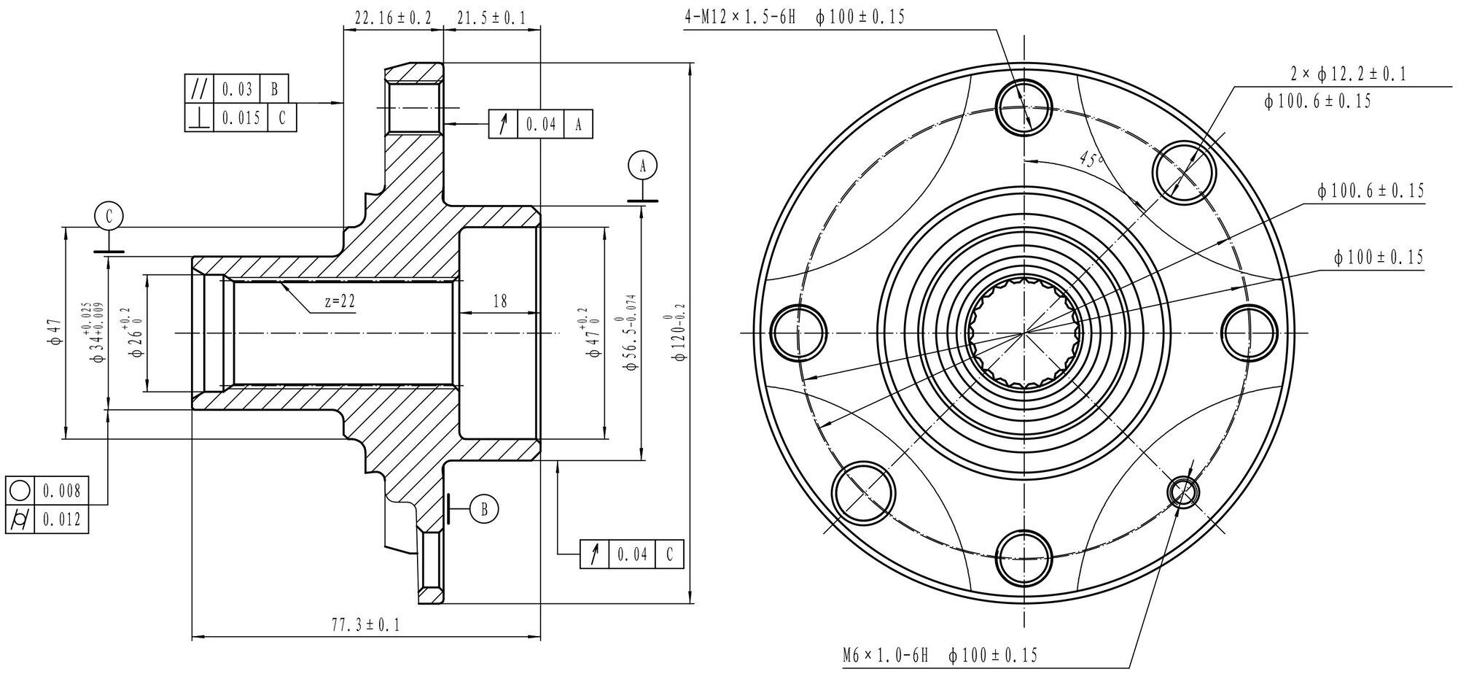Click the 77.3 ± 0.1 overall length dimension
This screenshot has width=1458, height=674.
pyautogui.click(x=365, y=625)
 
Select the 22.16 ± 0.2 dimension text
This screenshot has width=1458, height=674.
pyautogui.click(x=393, y=18)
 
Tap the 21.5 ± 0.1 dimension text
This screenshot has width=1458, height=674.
pyautogui.click(x=491, y=18)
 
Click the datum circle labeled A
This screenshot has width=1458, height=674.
pyautogui.click(x=642, y=166)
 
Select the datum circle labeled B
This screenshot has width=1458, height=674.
pyautogui.click(x=484, y=509)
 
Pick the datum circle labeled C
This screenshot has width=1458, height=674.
pyautogui.click(x=109, y=216)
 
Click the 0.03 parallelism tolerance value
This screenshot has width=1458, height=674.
pyautogui.click(x=237, y=89)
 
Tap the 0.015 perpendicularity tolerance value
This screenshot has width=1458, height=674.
pyautogui.click(x=241, y=117)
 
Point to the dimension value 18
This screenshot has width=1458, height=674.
pyautogui.click(x=500, y=301)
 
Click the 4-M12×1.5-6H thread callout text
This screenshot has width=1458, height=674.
pyautogui.click(x=738, y=18)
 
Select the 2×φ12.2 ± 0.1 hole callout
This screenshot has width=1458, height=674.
pyautogui.click(x=1347, y=74)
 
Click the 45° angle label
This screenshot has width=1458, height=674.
pyautogui.click(x=1091, y=160)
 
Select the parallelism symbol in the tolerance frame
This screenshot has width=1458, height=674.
pyautogui.click(x=198, y=89)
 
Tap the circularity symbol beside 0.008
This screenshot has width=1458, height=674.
pyautogui.click(x=20, y=491)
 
